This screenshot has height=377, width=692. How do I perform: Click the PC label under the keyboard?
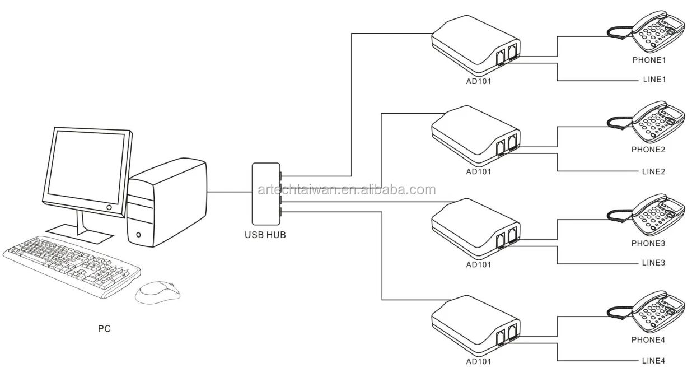click(104, 329)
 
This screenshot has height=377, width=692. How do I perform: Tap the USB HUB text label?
click(265, 235)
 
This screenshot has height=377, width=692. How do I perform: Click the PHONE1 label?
click(649, 59)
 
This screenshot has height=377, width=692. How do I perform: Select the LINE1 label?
click(653, 80)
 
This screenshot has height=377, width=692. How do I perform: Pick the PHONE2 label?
click(649, 150)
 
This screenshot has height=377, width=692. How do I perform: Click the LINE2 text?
click(653, 171)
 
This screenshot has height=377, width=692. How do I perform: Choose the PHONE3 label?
click(649, 244)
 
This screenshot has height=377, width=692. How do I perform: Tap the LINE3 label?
click(653, 263)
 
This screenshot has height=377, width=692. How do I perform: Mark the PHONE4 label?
click(649, 339)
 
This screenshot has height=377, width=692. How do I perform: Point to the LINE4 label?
click(653, 361)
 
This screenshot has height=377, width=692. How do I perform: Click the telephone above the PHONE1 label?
click(655, 32)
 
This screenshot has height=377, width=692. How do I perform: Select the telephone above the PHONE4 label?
click(655, 313)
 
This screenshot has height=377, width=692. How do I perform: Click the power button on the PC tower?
click(138, 234)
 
